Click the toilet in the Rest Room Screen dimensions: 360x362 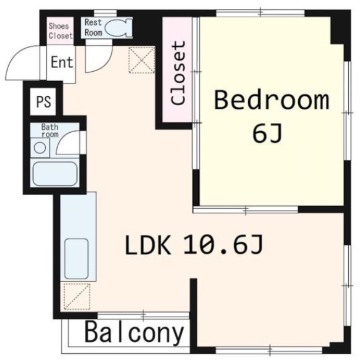point(118,28)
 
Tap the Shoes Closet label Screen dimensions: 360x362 point(61,31)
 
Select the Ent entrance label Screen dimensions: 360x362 point(62,62)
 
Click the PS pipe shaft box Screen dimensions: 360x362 point(43,102)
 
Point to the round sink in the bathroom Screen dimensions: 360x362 point(40,148)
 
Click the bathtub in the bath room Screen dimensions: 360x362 point(55,173)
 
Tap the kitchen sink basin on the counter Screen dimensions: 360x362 point(76,259)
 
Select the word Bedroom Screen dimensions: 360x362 point(272,100)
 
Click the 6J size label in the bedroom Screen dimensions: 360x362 point(267,133)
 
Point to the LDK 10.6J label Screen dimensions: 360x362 point(194,244)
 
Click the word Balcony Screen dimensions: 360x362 point(134,333)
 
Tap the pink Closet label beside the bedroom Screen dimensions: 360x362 point(178,73)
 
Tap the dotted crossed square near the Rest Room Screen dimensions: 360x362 point(142,60)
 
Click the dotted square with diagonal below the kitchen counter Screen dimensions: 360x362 point(76,297)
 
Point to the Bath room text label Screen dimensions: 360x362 point(50,130)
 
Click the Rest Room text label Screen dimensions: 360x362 point(93,28)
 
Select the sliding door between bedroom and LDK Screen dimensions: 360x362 point(245,210)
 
